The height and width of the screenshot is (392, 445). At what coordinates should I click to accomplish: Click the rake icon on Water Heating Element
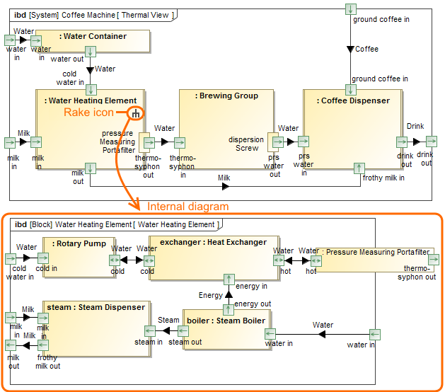pyautogui.click(x=136, y=113)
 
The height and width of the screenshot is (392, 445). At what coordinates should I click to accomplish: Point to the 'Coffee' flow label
pyautogui.click(x=366, y=50)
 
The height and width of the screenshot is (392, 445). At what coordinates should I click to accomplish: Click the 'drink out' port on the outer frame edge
pyautogui.click(x=431, y=142)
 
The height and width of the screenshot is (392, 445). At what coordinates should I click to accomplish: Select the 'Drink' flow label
pyautogui.click(x=415, y=127)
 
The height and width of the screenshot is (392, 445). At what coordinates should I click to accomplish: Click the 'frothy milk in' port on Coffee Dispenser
pyautogui.click(x=359, y=168)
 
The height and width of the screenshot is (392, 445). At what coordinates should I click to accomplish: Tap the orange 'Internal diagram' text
pyautogui.click(x=188, y=207)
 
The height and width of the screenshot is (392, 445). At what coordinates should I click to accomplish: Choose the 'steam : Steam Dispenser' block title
pyautogui.click(x=96, y=308)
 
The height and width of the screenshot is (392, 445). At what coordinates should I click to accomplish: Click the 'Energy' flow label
pyautogui.click(x=210, y=295)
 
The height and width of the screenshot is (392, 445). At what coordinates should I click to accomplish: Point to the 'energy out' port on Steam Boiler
pyautogui.click(x=229, y=309)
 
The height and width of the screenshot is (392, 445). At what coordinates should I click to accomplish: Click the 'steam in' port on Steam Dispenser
pyautogui.click(x=150, y=330)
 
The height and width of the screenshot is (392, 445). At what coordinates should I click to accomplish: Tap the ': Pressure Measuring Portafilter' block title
pyautogui.click(x=375, y=252)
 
